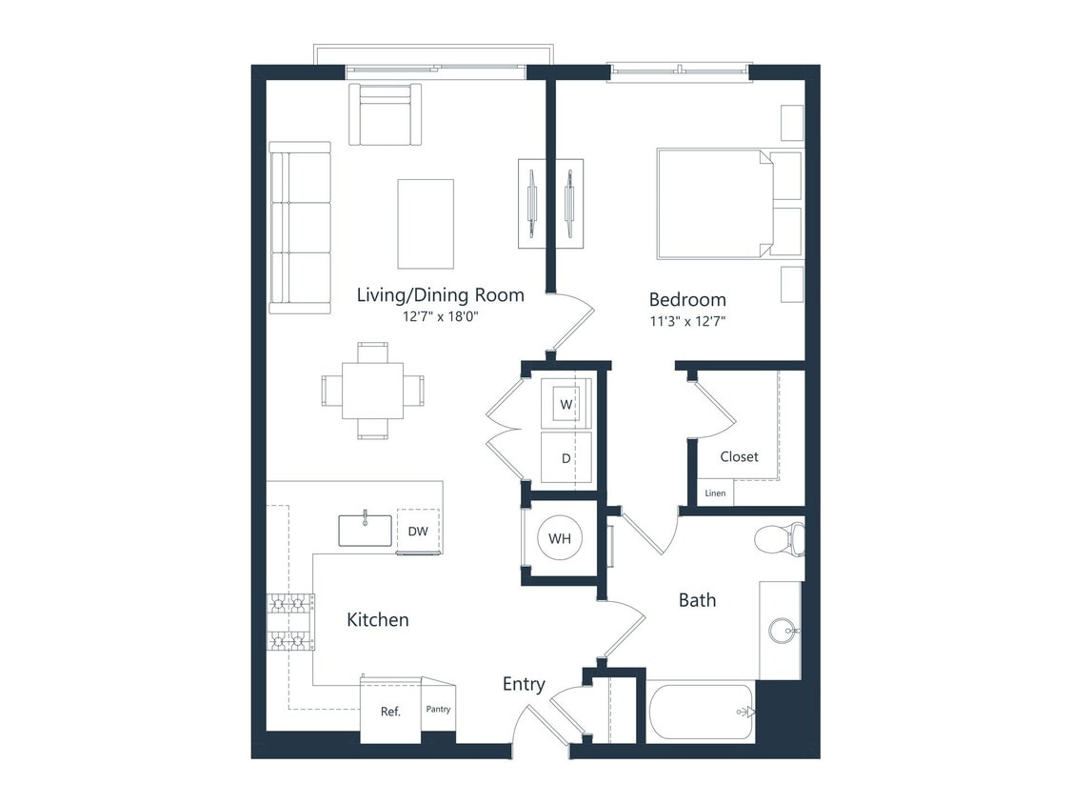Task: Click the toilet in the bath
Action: point(779,539)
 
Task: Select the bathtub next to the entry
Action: point(700,712)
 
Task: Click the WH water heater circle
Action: point(560,539)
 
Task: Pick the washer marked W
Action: point(566,405)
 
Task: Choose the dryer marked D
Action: point(565,458)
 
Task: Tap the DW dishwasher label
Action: point(418,532)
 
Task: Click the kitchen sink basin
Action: point(365,531)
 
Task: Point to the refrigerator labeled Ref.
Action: point(390,711)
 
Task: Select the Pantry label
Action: point(438,709)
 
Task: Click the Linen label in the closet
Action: point(715,493)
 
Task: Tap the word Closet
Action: point(739,456)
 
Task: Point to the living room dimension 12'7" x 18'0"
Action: point(440,316)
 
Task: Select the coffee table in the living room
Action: point(425,224)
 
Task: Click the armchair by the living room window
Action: point(385,116)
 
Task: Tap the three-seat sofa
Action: point(299,227)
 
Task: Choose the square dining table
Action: point(372,391)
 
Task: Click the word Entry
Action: point(524,684)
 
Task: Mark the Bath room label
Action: point(697,600)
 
